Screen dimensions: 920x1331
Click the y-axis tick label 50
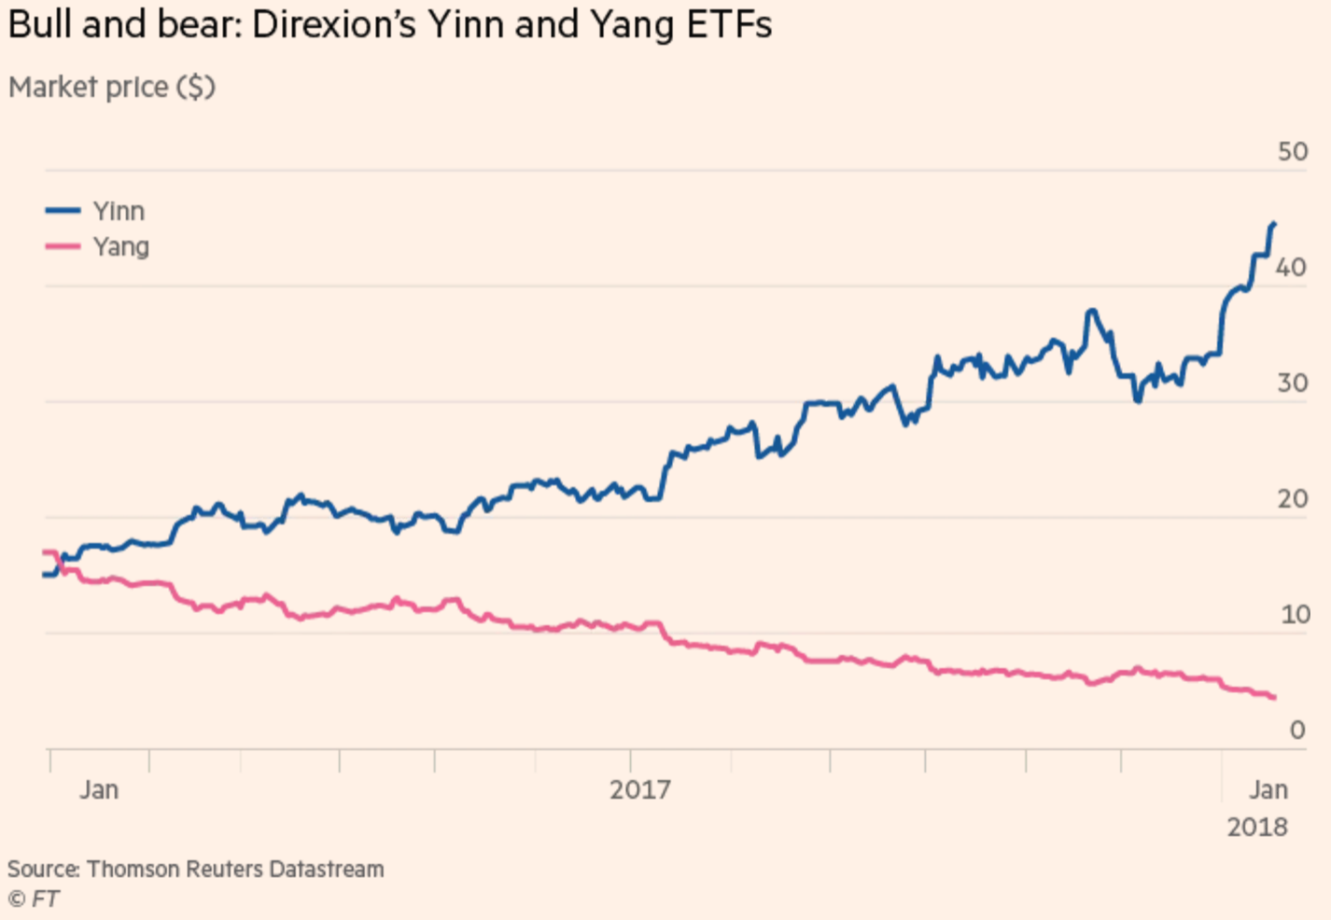[x=1292, y=151]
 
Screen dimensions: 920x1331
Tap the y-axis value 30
[x=1292, y=383]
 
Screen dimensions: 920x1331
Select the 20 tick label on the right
[x=1292, y=499]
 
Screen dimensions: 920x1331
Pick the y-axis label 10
[x=1295, y=615]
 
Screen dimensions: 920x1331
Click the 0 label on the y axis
[x=1297, y=730]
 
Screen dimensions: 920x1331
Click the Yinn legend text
[x=119, y=211]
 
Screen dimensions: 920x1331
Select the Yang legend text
[x=121, y=247]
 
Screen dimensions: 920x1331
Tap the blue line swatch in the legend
[x=63, y=211]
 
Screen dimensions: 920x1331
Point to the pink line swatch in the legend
[x=63, y=246]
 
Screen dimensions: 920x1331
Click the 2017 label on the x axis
[x=639, y=790]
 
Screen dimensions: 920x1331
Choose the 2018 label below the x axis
[x=1257, y=828]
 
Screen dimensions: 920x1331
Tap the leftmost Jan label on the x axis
[x=99, y=790]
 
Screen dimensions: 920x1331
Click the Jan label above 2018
[x=1268, y=790]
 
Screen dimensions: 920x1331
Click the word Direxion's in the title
[x=333, y=25]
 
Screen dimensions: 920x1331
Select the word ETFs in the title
[x=729, y=25]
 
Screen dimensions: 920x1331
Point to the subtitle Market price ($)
[x=112, y=87]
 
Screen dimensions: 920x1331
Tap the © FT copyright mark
[x=34, y=899]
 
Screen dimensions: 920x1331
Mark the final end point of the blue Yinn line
[x=1274, y=224]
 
